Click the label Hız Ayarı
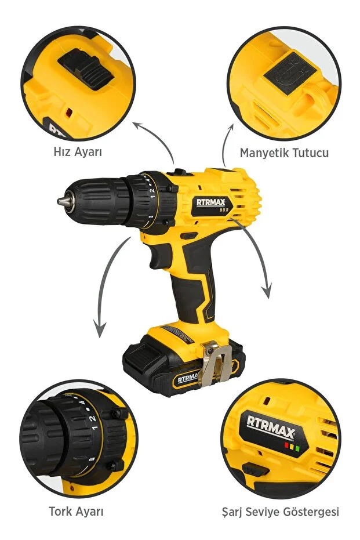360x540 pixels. pos(78,152)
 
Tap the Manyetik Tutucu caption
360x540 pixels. pos(284,153)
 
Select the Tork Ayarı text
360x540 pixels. pos(76,511)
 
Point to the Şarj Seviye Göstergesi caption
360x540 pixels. pos(281,512)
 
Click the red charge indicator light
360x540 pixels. pos(286,445)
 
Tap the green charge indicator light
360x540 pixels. pos(297,449)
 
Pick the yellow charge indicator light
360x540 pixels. pos(292,447)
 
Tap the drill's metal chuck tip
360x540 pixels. pos(61,201)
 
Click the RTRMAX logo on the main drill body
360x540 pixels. pos(210,202)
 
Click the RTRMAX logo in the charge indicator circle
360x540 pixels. pos(271,427)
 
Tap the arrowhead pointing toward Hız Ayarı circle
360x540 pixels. pos(138,125)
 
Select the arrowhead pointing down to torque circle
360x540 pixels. pos(100,330)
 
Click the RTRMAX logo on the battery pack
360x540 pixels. pos(188,378)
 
